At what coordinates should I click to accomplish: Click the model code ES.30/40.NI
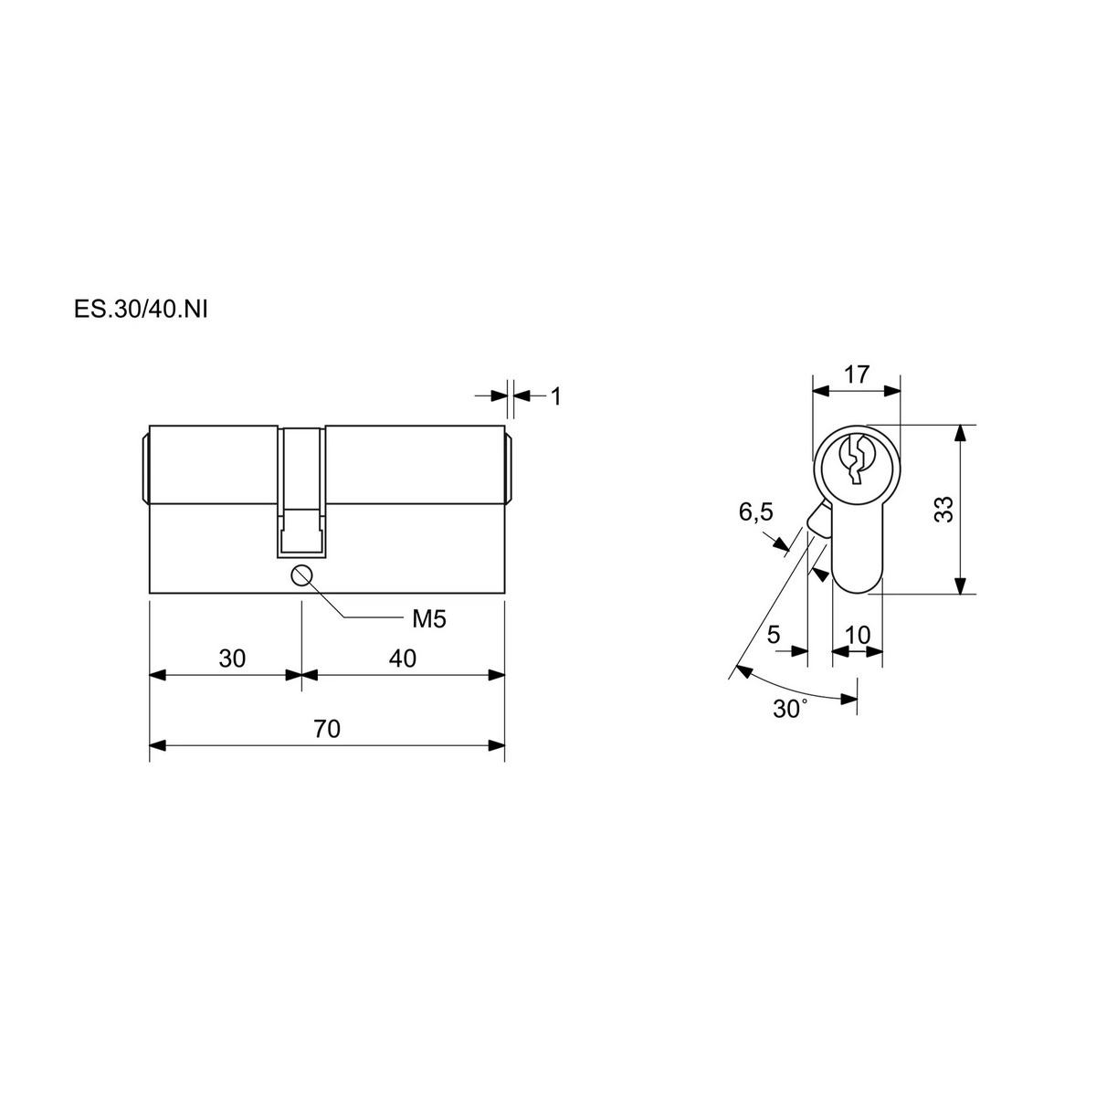(141, 310)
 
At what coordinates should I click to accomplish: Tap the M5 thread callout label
(429, 619)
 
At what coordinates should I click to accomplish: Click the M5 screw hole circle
(300, 575)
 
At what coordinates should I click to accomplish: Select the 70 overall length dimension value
(327, 729)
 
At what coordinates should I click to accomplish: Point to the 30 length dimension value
(232, 659)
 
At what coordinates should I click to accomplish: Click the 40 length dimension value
(403, 658)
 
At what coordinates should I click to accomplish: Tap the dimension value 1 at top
(555, 396)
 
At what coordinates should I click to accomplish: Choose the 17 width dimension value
(857, 374)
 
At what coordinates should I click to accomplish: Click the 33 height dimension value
(944, 510)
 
